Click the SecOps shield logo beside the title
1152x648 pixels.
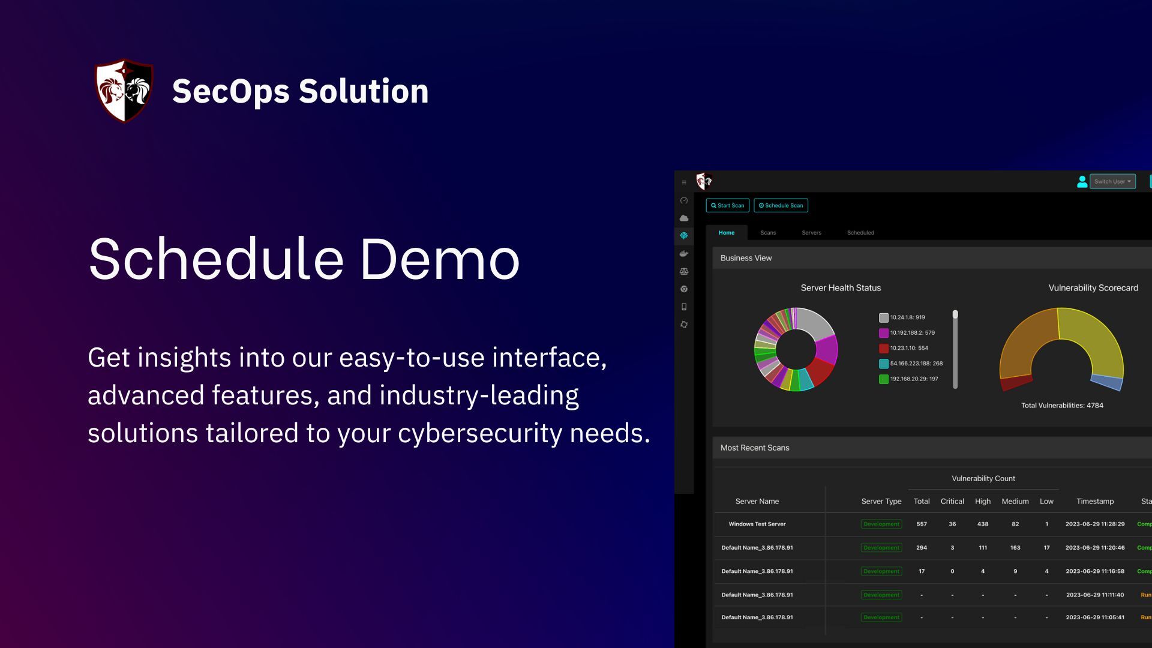[124, 91]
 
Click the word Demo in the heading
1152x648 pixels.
[439, 259]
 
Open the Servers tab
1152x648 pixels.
[811, 233]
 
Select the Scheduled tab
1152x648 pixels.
[860, 233]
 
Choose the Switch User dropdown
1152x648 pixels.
[1112, 181]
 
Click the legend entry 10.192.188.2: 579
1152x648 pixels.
[912, 333]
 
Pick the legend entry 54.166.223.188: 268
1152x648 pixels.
[916, 364]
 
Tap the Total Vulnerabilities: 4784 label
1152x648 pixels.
[1062, 406]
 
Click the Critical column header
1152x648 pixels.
[952, 502]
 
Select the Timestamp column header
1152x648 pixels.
[1094, 502]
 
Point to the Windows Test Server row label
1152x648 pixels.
[757, 524]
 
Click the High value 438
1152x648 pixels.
[982, 524]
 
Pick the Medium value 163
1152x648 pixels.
[1015, 548]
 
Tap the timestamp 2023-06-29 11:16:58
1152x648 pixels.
[1094, 571]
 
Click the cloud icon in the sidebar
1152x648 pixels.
[684, 218]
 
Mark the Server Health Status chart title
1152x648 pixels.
[841, 288]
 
